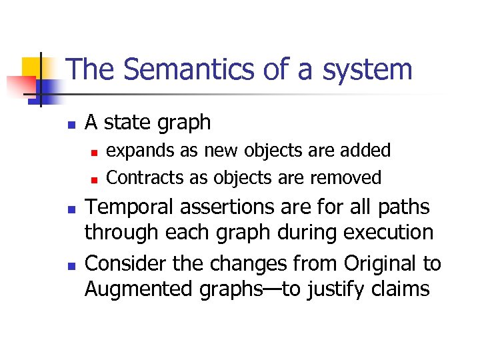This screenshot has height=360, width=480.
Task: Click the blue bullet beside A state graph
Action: [x=71, y=124]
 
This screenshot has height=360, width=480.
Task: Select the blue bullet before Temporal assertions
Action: [x=71, y=209]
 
